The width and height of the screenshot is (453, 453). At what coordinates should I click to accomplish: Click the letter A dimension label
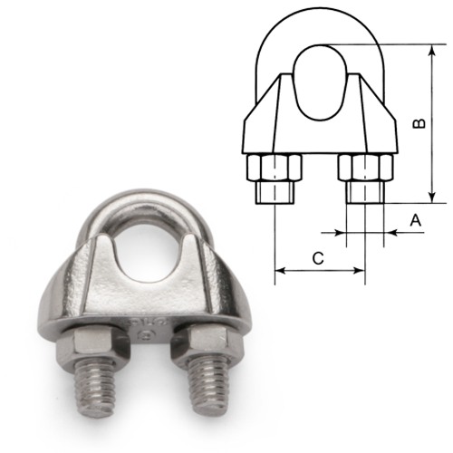coord(414,219)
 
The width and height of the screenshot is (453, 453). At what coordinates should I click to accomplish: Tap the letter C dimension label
coord(318,258)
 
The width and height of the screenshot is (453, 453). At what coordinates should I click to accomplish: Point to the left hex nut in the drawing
coord(274,169)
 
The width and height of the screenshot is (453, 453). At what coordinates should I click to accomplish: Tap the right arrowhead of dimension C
coord(360,270)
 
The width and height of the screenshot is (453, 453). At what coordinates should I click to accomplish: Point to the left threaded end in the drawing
coord(274,192)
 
